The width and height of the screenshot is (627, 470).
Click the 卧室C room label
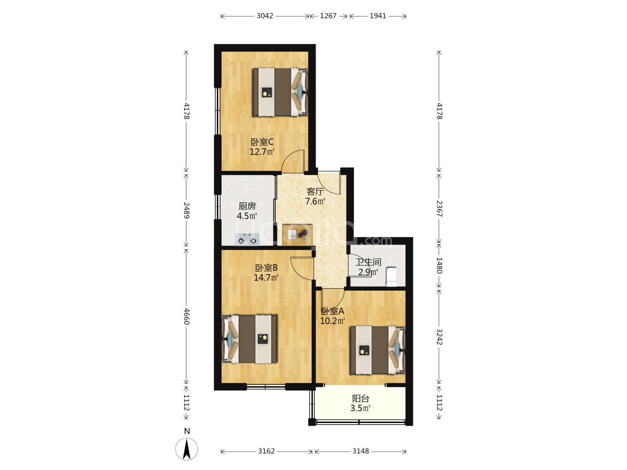(x=262, y=142)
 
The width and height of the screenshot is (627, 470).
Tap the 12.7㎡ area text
(x=262, y=152)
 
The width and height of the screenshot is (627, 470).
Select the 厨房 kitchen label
(x=247, y=206)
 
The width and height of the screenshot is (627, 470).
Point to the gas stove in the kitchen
(x=247, y=239)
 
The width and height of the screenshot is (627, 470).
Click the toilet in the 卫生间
(x=391, y=276)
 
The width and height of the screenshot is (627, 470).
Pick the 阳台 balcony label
(x=361, y=398)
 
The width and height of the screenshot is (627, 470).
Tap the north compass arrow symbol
(x=186, y=449)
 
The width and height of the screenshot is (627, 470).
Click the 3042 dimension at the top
(x=265, y=16)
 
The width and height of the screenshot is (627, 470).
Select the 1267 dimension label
(x=328, y=16)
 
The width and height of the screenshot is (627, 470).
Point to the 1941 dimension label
(x=378, y=16)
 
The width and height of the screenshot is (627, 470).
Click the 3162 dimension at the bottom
(x=266, y=451)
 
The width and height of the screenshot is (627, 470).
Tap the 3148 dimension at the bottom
(x=361, y=451)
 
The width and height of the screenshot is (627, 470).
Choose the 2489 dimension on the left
(x=186, y=210)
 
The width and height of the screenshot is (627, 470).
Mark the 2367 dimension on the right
(x=439, y=208)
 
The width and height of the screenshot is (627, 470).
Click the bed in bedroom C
(x=280, y=92)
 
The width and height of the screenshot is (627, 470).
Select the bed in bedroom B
(x=249, y=339)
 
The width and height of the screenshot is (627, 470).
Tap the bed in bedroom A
(x=378, y=350)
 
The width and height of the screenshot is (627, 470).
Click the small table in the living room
(x=297, y=235)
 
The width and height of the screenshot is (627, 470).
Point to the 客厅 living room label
(x=315, y=191)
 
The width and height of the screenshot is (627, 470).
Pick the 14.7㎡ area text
(x=266, y=277)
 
